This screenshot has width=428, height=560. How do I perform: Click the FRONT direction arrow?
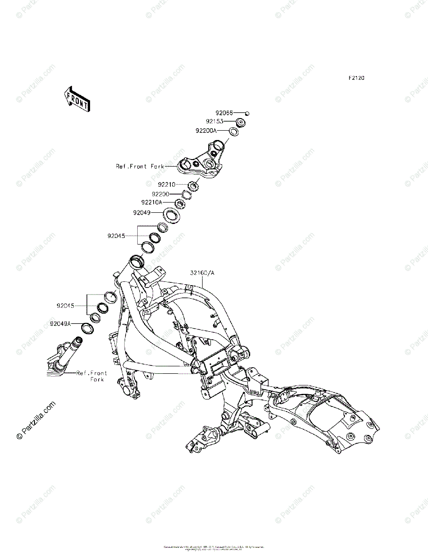77,98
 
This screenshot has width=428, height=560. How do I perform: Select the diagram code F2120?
356,78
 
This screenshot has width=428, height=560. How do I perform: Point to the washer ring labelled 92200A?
234,132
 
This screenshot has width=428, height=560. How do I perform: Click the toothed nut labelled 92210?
192,186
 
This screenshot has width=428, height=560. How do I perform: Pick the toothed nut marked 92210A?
179,203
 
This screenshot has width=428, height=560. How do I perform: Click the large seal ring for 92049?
171,215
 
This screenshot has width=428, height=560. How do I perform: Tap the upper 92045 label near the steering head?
116,236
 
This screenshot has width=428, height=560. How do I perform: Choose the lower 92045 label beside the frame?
66,306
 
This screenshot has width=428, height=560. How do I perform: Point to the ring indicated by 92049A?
87,328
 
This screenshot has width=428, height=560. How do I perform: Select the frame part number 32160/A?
202,273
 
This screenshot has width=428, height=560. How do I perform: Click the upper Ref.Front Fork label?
140,166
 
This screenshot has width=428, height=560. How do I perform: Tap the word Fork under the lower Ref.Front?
97,379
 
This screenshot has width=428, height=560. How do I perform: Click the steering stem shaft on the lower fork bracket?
74,349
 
